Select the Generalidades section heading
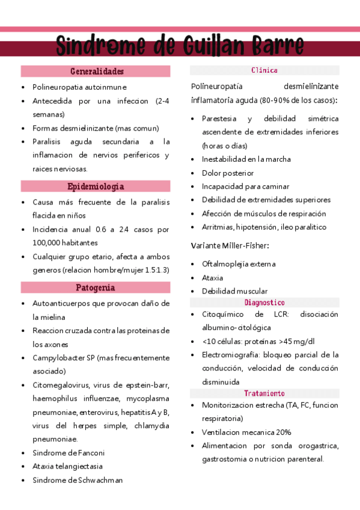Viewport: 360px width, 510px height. pyautogui.click(x=96, y=71)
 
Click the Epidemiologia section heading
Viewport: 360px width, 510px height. pyautogui.click(x=96, y=186)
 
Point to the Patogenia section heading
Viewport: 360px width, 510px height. pyautogui.click(x=96, y=287)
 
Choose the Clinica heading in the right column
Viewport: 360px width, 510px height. pyautogui.click(x=264, y=70)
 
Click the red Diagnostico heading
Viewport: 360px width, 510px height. pyautogui.click(x=264, y=303)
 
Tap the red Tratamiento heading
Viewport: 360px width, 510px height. pyautogui.click(x=264, y=393)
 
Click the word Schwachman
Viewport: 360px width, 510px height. pyautogui.click(x=101, y=480)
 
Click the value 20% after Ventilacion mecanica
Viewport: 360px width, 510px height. pyautogui.click(x=284, y=432)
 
